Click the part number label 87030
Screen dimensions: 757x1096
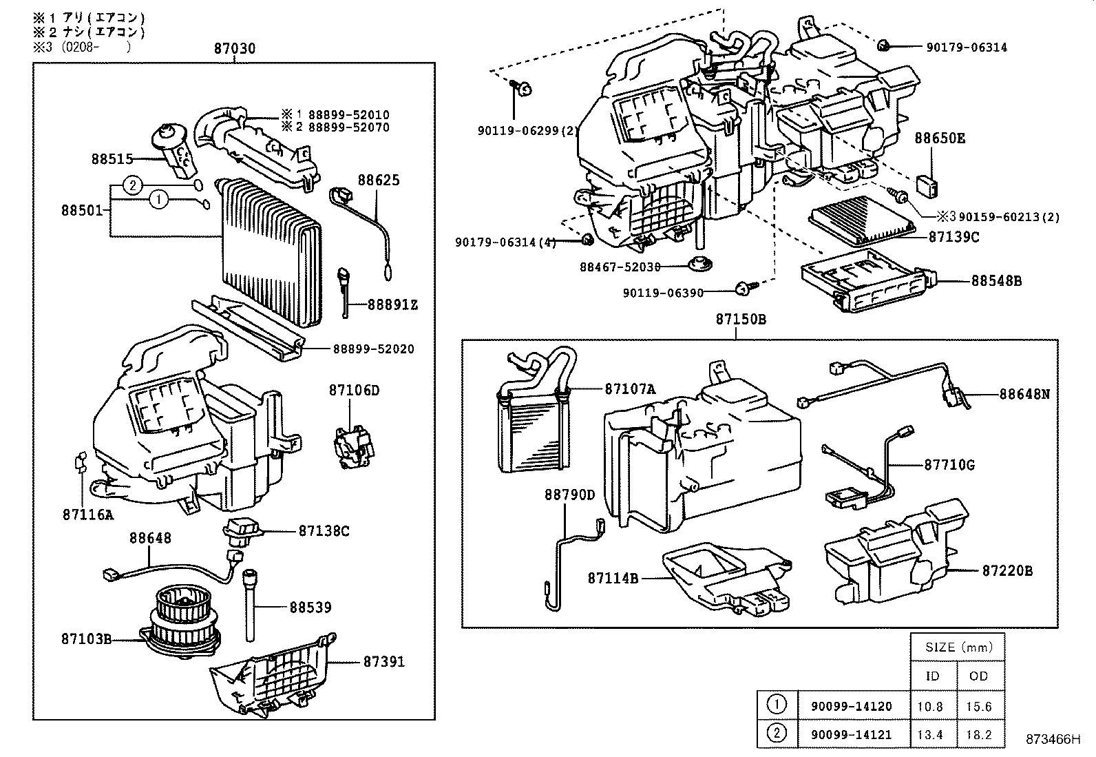[x=234, y=48]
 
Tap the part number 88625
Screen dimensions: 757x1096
[x=378, y=180]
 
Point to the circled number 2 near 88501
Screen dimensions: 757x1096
[x=134, y=185]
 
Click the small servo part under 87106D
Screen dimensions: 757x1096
[x=353, y=446]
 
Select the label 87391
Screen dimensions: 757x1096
[x=384, y=662]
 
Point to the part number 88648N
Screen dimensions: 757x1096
[x=1024, y=395]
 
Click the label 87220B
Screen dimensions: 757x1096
[x=1007, y=571]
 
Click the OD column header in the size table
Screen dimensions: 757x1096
[x=978, y=676]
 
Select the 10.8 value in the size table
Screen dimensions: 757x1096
[x=930, y=707]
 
